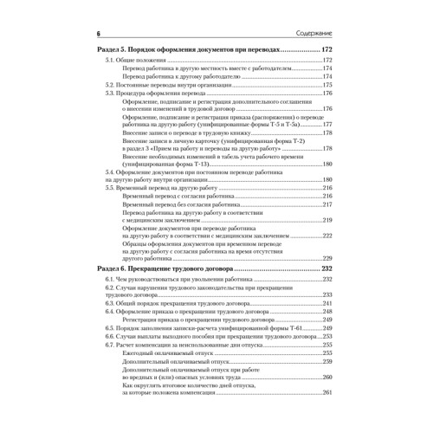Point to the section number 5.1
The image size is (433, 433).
pos(109,62)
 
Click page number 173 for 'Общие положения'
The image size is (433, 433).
pos(328,62)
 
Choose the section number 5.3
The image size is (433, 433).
pos(109,94)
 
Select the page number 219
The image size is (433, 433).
pos(328,220)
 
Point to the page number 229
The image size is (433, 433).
pos(328,258)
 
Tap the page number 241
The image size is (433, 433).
pos(328,304)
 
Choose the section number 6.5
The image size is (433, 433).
pos(109,328)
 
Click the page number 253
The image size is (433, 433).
pos(328,336)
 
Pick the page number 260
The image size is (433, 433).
pos(328,377)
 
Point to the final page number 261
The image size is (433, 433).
pos(328,393)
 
